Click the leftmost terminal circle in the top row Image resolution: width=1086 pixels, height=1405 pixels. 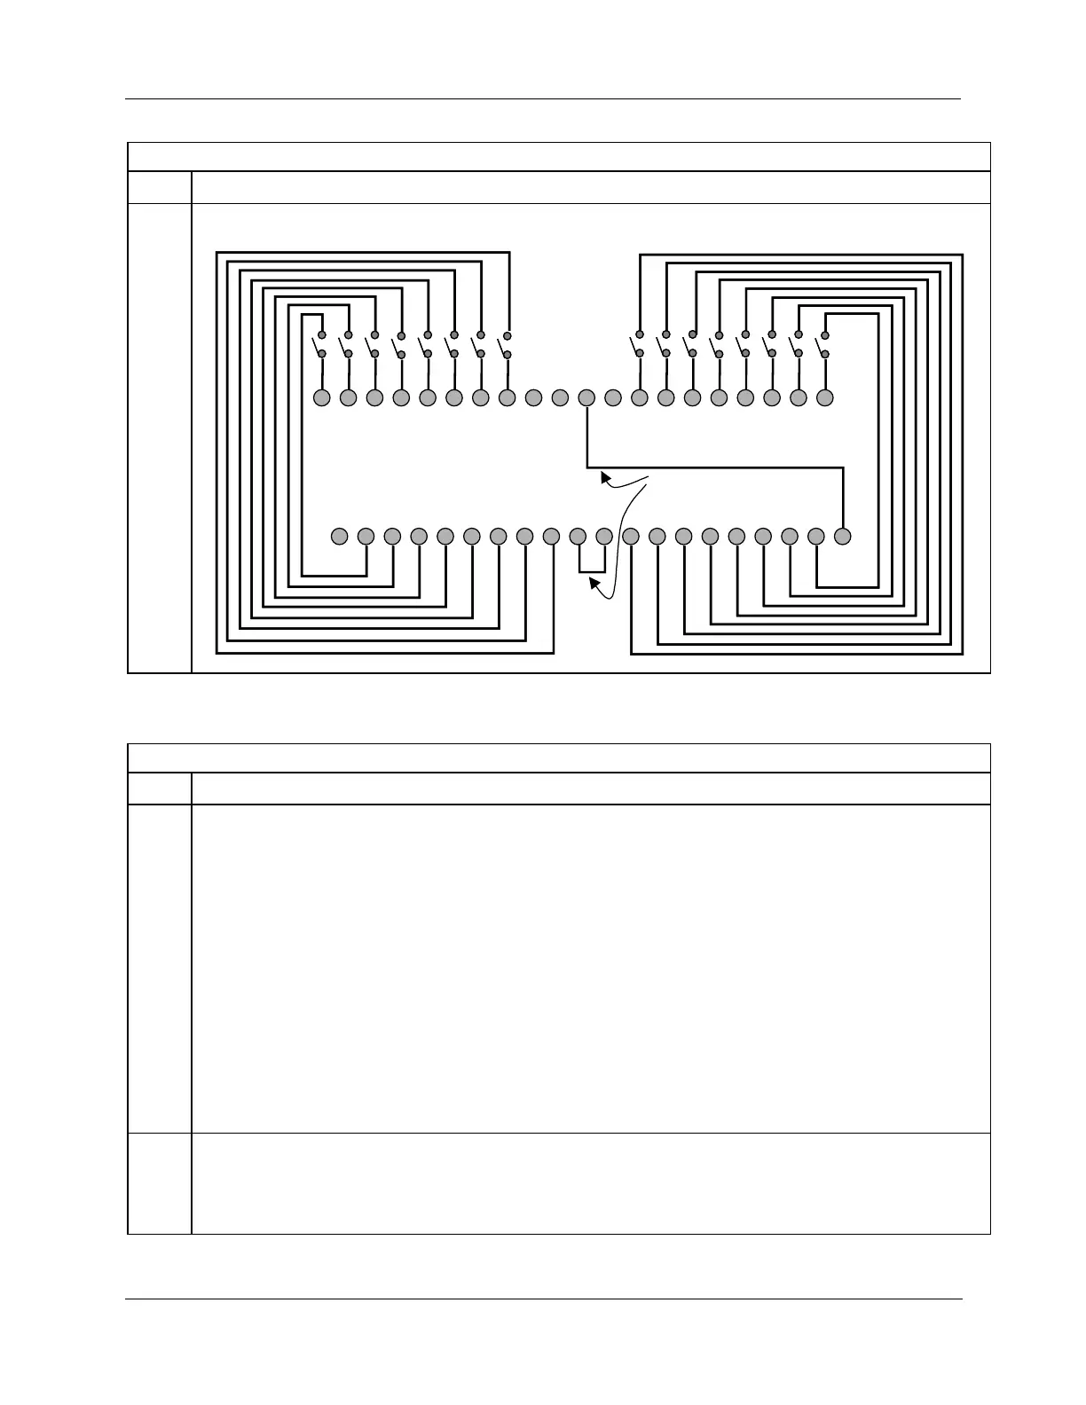322,397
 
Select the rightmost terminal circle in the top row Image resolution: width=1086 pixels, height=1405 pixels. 825,397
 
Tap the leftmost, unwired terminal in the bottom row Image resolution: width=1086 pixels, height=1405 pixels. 339,536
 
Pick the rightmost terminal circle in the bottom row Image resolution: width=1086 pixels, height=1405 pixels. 843,536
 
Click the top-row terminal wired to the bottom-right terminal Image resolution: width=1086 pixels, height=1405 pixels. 586,397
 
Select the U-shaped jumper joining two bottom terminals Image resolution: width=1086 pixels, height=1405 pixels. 592,571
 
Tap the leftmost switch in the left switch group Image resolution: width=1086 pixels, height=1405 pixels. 320,345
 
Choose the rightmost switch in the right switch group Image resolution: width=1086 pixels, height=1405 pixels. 823,345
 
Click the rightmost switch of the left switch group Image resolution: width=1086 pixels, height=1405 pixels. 506,345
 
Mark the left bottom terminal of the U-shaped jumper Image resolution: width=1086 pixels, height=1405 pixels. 578,536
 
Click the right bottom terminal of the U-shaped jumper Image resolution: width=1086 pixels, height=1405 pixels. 604,536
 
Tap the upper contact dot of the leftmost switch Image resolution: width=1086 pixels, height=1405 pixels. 322,335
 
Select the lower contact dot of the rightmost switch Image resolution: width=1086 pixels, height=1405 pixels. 825,354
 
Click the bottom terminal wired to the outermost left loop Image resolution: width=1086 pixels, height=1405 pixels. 551,536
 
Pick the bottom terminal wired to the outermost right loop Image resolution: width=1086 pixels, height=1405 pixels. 631,536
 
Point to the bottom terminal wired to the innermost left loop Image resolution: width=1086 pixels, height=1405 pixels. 366,536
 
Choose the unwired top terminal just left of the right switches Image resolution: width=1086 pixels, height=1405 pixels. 612,397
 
